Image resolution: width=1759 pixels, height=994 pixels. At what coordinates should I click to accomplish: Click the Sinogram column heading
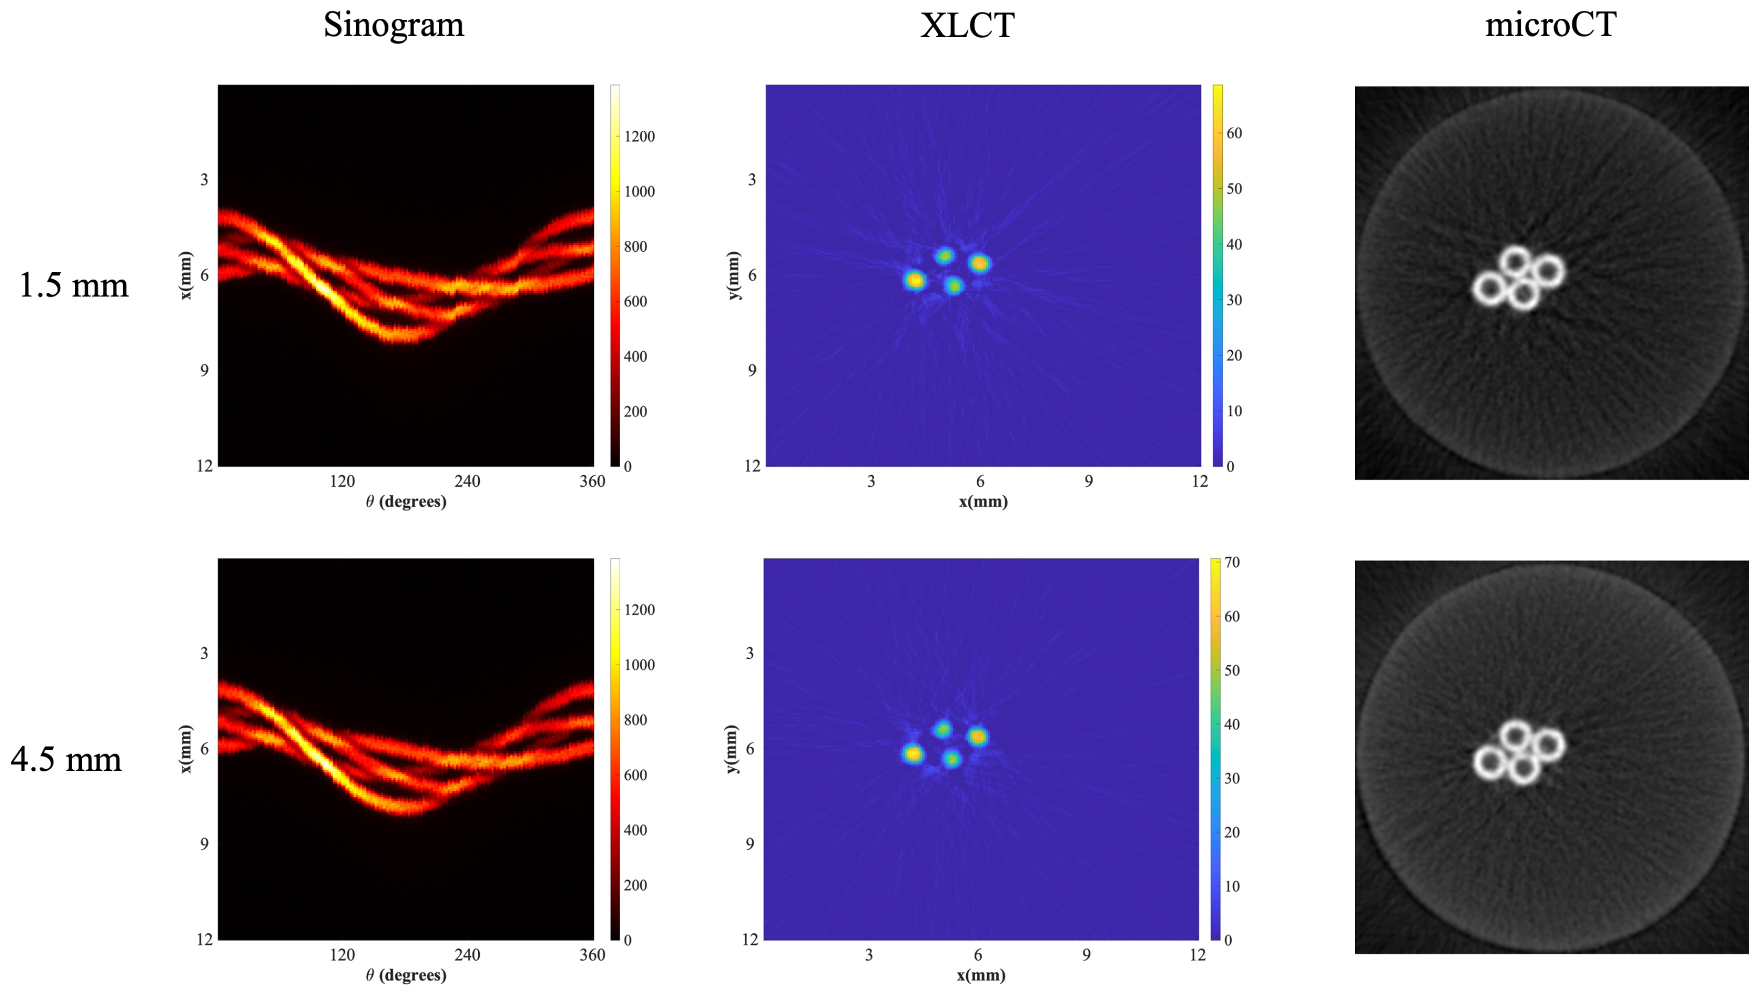click(393, 25)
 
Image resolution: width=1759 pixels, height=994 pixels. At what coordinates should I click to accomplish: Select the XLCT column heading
click(967, 25)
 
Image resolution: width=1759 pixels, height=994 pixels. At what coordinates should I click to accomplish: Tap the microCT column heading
click(1550, 25)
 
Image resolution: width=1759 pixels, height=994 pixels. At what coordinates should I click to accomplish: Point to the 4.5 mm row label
click(66, 759)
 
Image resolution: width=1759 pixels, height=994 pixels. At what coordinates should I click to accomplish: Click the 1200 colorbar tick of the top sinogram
click(639, 137)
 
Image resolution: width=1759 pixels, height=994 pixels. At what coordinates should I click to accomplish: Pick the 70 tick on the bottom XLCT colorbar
click(1232, 562)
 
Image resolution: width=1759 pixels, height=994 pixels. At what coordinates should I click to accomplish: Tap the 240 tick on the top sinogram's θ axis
click(467, 481)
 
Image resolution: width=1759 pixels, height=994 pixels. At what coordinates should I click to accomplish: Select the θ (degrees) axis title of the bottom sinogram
click(406, 975)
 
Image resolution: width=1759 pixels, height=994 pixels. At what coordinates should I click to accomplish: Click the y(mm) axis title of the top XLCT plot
click(733, 275)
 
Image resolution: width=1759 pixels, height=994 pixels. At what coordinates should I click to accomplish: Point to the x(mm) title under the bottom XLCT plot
click(981, 975)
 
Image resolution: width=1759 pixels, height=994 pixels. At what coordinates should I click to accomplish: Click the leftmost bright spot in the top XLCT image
click(914, 280)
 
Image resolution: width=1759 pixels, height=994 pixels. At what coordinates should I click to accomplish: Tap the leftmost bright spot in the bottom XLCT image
click(913, 754)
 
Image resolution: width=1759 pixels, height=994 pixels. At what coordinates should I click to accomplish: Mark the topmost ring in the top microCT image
click(1515, 261)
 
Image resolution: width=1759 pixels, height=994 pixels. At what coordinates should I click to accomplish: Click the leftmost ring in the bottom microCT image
click(1490, 763)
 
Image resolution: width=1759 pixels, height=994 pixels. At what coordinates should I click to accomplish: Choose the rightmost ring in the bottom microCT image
click(1548, 744)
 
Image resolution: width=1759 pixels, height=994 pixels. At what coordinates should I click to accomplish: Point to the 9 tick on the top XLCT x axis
click(1088, 481)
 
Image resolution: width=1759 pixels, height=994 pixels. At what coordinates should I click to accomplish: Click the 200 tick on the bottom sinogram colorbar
click(635, 885)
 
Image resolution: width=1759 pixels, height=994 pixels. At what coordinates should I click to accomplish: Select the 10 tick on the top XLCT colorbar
click(1233, 411)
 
